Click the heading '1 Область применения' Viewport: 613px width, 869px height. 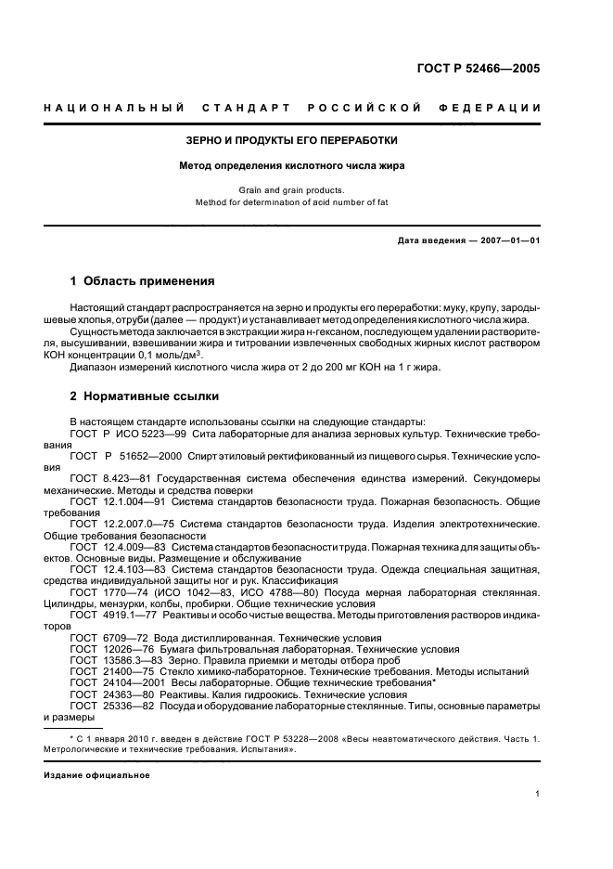(143, 280)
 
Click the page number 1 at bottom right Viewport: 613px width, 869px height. (537, 794)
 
